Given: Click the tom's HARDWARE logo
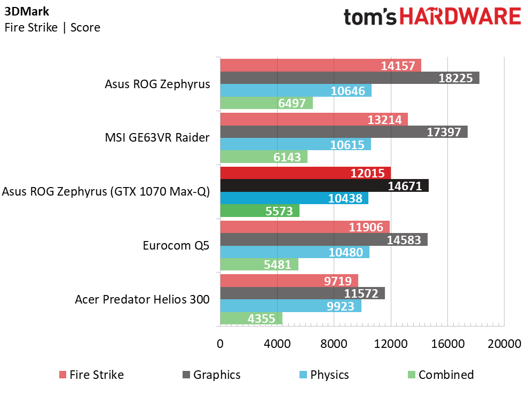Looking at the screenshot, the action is [432, 17].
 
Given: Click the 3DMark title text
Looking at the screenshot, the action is [27, 11].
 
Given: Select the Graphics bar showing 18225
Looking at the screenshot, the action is [350, 78].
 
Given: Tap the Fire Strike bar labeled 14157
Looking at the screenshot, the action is [320, 65].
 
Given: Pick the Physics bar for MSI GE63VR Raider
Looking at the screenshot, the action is [296, 144].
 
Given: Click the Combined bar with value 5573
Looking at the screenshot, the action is [259, 211].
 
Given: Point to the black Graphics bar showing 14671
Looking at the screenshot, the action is [324, 185].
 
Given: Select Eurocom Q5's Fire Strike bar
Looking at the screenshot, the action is [305, 227].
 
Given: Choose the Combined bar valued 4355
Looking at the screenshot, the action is [251, 318].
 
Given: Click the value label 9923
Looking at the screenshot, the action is [341, 306].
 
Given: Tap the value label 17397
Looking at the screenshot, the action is [444, 132].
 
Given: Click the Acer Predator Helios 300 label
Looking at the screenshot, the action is [142, 299].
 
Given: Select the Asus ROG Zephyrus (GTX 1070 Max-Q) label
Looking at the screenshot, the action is [106, 191].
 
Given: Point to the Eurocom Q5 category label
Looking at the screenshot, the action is [176, 245].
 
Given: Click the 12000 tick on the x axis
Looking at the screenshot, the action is [391, 344].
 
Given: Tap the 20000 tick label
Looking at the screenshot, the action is [505, 344].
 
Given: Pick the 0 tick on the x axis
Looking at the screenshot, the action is [220, 344].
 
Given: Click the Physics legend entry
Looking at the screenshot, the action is [324, 375].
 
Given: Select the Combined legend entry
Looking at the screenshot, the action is [441, 375].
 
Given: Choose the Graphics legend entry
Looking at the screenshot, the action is [211, 375].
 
